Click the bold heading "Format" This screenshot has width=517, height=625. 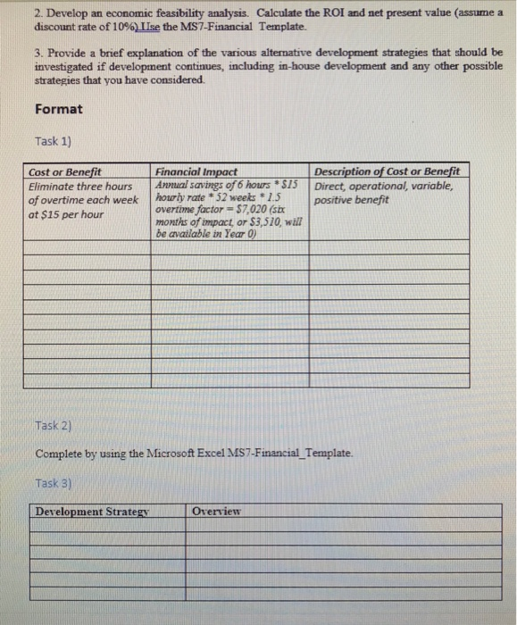pos(59,110)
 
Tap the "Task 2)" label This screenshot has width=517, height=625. pos(54,424)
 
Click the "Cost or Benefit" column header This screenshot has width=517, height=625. pos(65,171)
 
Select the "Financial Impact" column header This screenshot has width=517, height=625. pos(196,171)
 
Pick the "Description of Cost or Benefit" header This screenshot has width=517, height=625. pos(388,171)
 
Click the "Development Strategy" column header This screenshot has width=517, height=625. pos(91,512)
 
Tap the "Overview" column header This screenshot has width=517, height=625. pos(217,512)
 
